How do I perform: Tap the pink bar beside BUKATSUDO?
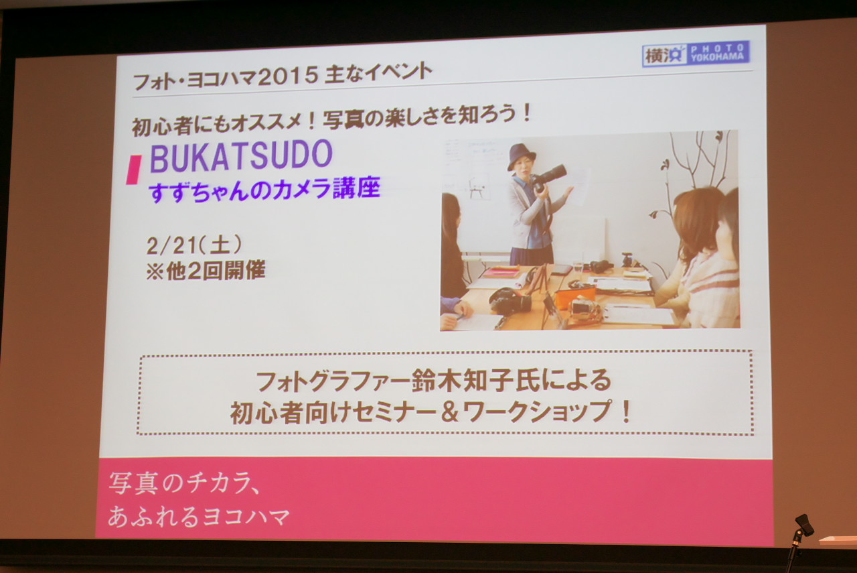(133, 170)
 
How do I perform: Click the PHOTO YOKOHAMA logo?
(696, 55)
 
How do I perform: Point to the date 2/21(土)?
(194, 245)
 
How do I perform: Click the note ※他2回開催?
(206, 271)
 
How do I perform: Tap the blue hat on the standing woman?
(521, 156)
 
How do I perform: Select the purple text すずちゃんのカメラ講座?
(264, 190)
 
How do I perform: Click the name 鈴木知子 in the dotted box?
(464, 381)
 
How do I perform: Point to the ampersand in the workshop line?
(449, 411)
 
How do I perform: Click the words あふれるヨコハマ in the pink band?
(199, 516)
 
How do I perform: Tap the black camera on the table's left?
(510, 300)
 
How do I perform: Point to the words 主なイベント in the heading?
(378, 74)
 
